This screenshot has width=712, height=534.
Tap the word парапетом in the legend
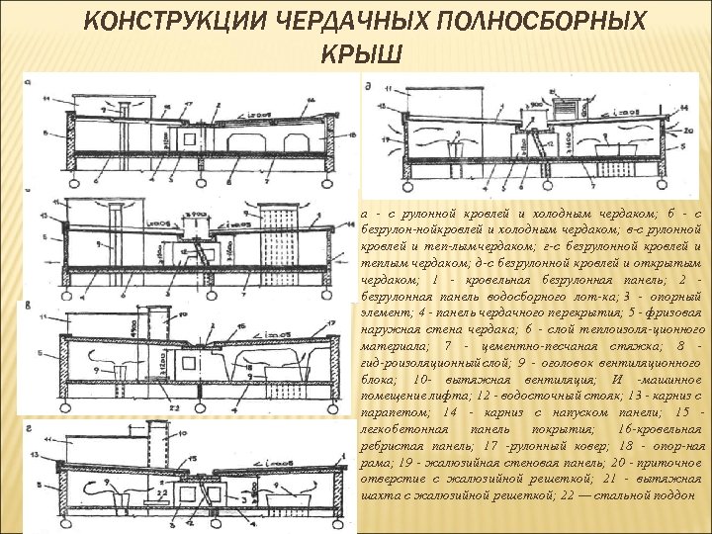click(395, 411)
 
